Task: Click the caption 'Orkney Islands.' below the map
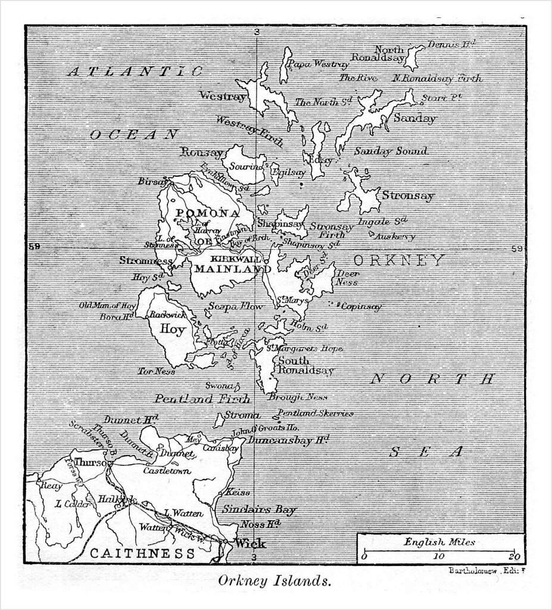[x=275, y=581]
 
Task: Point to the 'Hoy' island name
[x=172, y=329]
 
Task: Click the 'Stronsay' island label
[x=408, y=195]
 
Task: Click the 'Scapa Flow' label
[x=235, y=306]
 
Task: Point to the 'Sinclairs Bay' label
[x=259, y=510]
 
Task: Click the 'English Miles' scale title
[x=439, y=542]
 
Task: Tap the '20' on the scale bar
[x=514, y=557]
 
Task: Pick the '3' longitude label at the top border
[x=256, y=32]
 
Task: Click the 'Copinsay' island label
[x=361, y=307]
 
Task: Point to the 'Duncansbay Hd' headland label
[x=288, y=441]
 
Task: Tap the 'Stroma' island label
[x=242, y=415]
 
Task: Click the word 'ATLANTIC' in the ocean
[x=135, y=71]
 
